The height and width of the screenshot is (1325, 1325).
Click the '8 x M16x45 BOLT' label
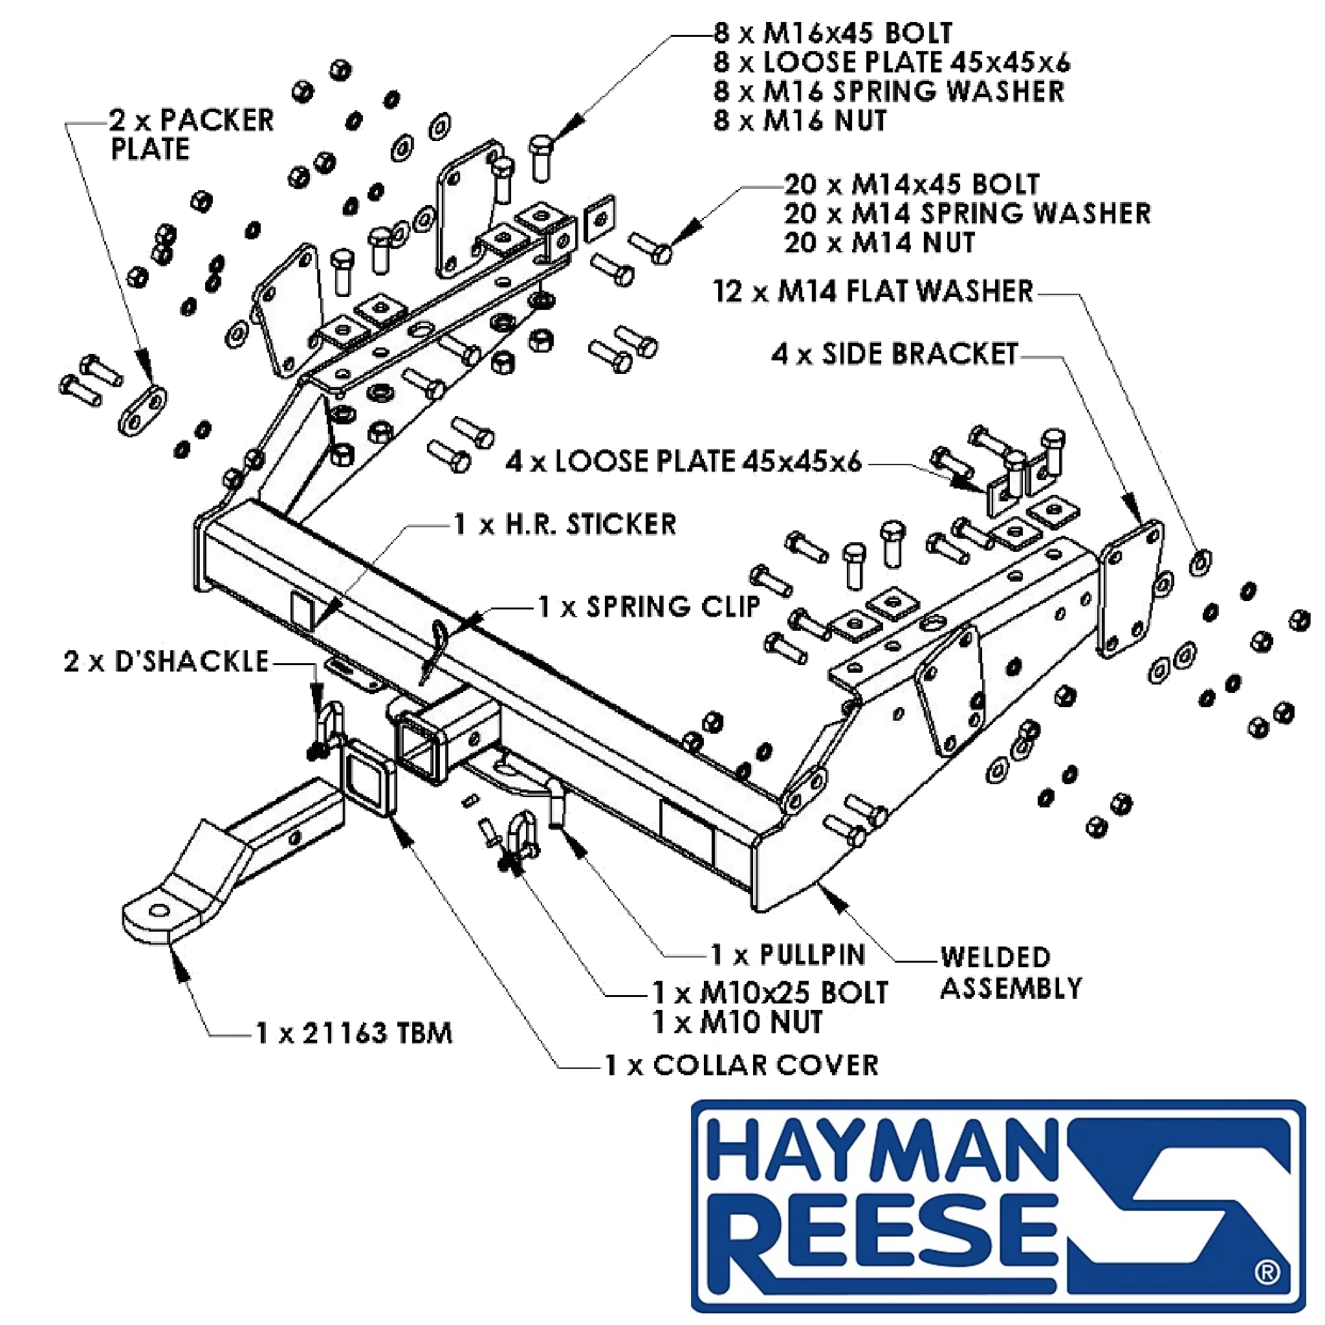point(833,33)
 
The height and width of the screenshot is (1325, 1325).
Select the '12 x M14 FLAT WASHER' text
point(873,292)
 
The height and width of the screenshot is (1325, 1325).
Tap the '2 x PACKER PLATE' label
point(192,135)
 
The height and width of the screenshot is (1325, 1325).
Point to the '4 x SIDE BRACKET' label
point(895,354)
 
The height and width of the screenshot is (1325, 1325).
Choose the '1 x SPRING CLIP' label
point(650,607)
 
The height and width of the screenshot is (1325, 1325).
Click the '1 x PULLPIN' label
point(788,955)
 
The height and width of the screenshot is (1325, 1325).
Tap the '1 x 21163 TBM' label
point(354,1033)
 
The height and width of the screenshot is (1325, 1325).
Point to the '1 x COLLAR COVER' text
point(741,1065)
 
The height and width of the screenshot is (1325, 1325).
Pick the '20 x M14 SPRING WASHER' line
point(968,214)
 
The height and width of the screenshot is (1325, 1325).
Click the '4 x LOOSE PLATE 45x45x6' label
point(684,461)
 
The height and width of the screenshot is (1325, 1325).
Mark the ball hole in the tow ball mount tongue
point(159,910)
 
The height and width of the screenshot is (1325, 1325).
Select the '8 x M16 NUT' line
point(800,121)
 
